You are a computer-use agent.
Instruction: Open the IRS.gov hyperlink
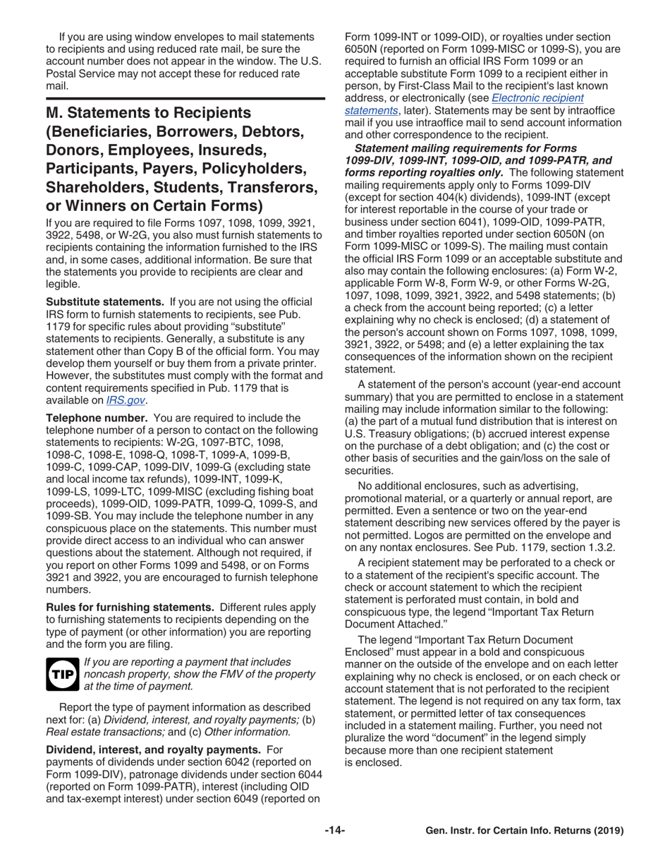126,400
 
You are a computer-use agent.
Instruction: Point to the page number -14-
334,831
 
